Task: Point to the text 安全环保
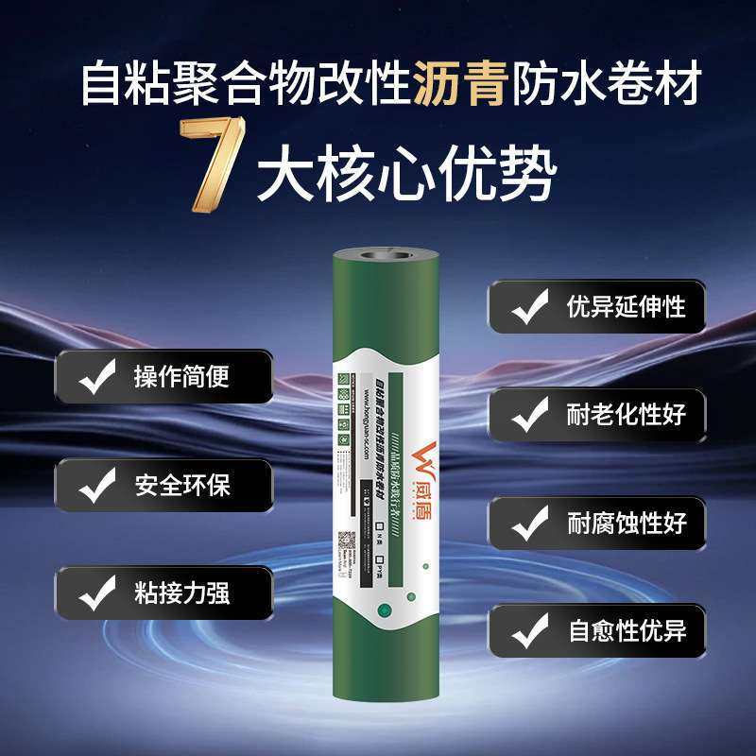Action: point(182,486)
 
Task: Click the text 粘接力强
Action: point(182,593)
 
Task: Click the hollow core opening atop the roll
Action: point(388,254)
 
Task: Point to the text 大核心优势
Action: point(406,175)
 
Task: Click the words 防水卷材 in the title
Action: point(606,85)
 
